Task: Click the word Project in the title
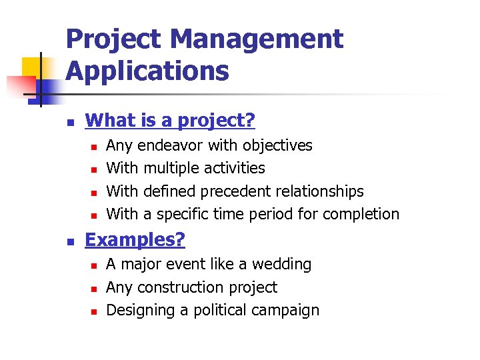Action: tap(113, 39)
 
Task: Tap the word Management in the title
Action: tap(257, 39)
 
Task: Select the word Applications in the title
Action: tap(147, 71)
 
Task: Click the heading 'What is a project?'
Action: tap(171, 121)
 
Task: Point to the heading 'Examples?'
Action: tap(135, 240)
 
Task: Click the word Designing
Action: tap(137, 310)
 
